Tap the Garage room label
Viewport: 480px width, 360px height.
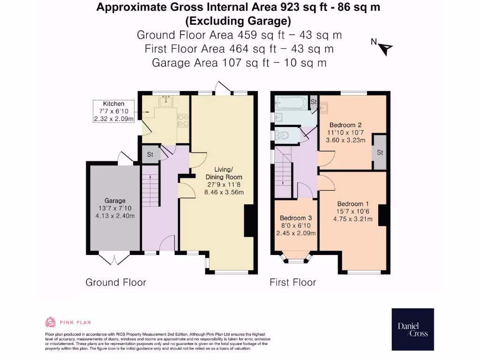[x=115, y=201]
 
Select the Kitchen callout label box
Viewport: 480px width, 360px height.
[x=113, y=111]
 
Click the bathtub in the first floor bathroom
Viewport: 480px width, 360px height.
[x=291, y=103]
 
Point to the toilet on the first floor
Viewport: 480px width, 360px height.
[x=282, y=135]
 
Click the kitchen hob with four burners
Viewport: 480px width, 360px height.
[x=183, y=120]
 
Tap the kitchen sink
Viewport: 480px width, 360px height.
[x=166, y=100]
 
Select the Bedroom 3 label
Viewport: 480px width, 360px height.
[x=296, y=218]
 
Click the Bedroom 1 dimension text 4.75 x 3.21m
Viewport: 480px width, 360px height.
[x=353, y=219]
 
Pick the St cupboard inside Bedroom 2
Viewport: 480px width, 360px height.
[x=380, y=152]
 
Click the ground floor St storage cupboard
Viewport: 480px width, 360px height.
[x=150, y=154]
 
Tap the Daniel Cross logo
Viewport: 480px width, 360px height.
[x=412, y=330]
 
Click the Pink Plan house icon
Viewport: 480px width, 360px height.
[x=51, y=322]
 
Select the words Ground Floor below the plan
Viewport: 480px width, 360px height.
[x=116, y=282]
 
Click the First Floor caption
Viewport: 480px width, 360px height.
[x=292, y=282]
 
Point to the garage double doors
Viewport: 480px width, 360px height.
[x=114, y=259]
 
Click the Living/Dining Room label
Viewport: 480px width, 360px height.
[x=224, y=173]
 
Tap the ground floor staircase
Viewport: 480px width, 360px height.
[x=150, y=186]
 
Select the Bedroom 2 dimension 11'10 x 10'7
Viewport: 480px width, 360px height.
[x=345, y=133]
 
